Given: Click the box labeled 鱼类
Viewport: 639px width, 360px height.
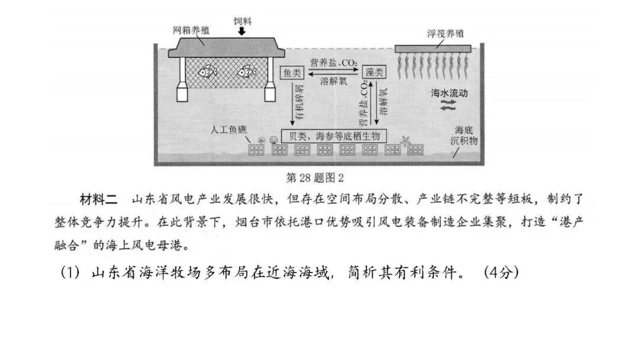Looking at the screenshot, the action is coord(291,72).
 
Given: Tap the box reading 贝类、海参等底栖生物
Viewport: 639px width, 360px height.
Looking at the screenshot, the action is coord(333,135).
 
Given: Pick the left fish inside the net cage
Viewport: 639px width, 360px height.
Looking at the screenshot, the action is coord(208,72).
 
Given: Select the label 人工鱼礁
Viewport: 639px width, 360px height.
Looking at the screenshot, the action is coord(231,128).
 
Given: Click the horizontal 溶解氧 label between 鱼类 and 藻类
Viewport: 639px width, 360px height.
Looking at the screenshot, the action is coord(333,79).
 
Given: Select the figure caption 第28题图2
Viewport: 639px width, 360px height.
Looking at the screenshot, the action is coord(315,177).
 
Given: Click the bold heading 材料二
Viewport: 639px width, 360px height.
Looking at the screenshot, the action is coord(98,197).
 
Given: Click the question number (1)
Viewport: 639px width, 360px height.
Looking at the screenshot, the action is coord(70,274).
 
